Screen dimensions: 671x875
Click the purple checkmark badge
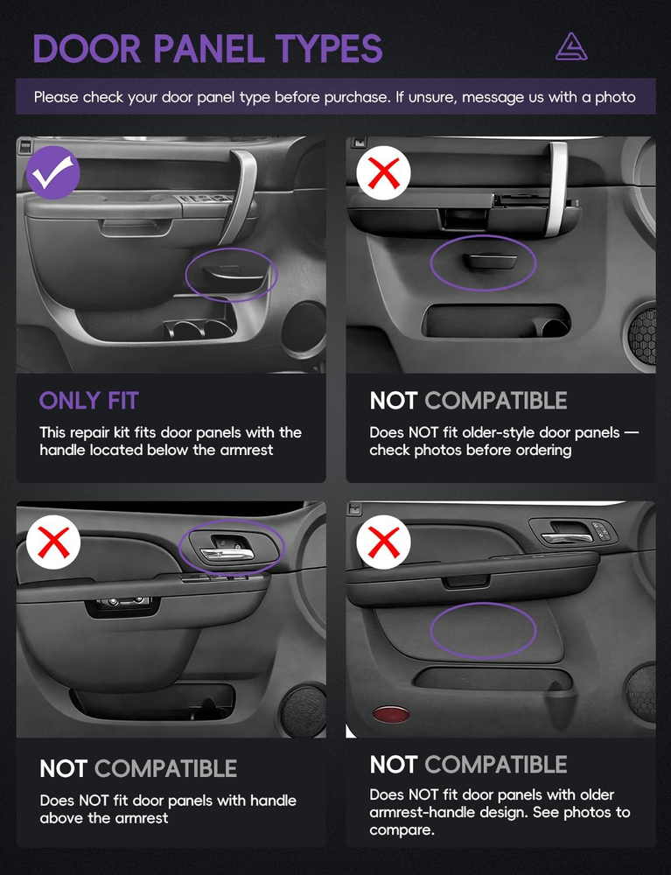[53, 172]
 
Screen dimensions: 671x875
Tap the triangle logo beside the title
[571, 47]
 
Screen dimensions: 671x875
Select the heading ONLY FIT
[88, 401]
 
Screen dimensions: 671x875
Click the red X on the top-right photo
[384, 172]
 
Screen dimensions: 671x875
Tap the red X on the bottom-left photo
[53, 542]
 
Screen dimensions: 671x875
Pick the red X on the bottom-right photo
[384, 542]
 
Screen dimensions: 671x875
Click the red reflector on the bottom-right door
[390, 714]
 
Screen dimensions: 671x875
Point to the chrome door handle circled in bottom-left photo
[227, 554]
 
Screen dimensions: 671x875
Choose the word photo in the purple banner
[615, 98]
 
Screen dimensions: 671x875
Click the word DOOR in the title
[87, 48]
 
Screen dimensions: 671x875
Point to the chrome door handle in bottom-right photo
[567, 538]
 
